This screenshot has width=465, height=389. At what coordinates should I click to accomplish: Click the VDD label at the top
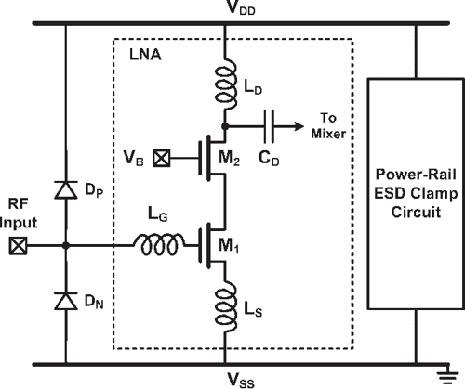coord(225,9)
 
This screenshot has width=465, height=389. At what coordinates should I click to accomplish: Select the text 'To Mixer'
coord(332,126)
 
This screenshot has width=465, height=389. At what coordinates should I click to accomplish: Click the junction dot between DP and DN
coord(66,246)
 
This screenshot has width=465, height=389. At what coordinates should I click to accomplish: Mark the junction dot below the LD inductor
coord(224,123)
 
